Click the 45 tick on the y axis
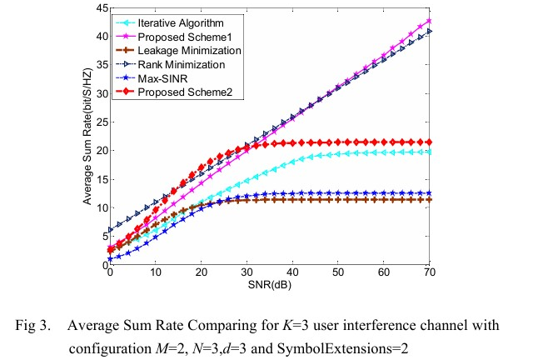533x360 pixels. coord(100,8)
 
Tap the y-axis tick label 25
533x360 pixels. coord(100,122)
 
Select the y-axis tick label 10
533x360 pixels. coord(100,207)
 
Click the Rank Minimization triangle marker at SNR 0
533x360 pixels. coord(111,230)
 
